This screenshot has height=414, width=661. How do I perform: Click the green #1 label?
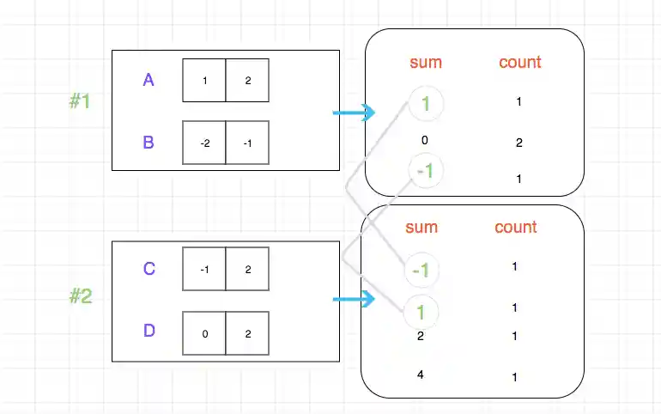point(81,101)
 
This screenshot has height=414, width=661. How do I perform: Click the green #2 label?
point(81,297)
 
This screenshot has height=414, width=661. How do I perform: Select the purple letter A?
point(149,81)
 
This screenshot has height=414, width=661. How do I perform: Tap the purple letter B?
point(149,143)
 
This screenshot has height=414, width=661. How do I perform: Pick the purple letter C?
point(149,270)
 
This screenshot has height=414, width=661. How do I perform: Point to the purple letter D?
point(149,331)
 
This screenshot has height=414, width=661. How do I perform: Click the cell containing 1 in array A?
point(204,81)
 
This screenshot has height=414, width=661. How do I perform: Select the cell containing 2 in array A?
point(247,81)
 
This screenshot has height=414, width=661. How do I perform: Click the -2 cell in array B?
point(204,143)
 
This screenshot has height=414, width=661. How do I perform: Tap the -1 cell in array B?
point(247,143)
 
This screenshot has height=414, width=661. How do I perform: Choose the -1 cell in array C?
point(204,270)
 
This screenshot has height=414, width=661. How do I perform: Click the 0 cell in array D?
point(204,333)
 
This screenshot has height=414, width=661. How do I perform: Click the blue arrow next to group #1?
point(354,113)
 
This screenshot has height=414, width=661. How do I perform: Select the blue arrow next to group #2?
point(354,299)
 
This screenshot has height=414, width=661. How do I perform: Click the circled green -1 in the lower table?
point(421,271)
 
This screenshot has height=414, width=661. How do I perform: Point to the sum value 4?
point(421,374)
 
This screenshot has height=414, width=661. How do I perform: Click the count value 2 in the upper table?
point(518,143)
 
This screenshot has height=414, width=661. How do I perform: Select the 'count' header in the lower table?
point(515,228)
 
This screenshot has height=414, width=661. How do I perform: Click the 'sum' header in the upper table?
point(425,62)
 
